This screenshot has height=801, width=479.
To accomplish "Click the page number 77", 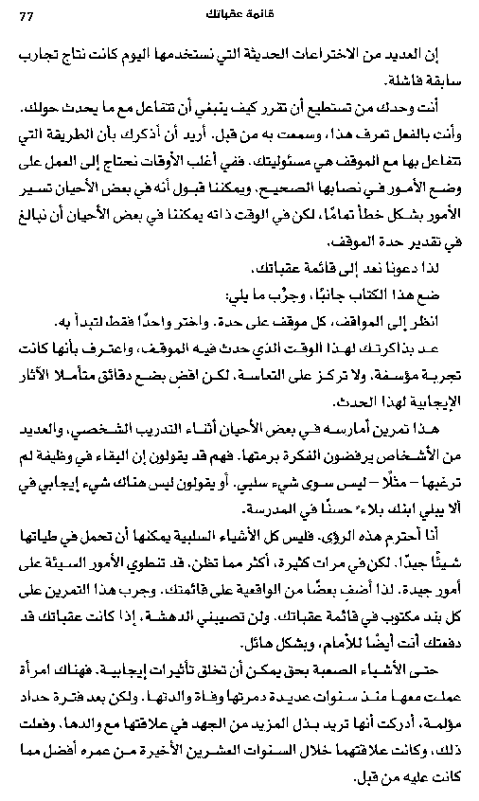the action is click(x=26, y=12).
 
